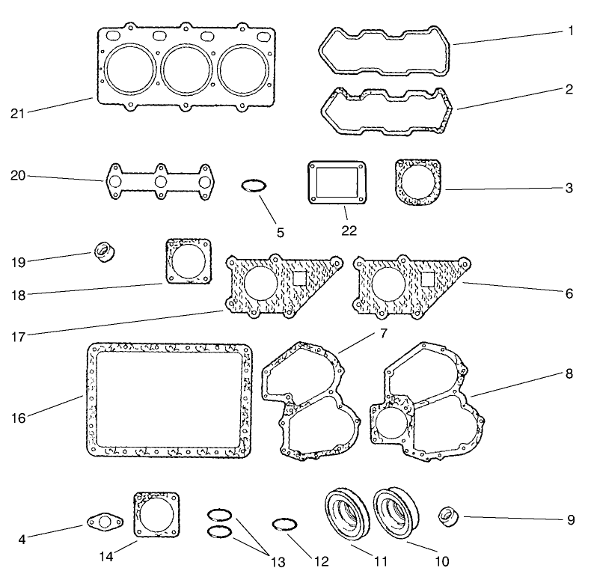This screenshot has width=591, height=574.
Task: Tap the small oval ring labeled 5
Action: click(x=253, y=186)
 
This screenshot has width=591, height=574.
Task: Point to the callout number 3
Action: click(x=569, y=189)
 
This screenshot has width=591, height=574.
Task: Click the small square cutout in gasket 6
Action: click(x=429, y=278)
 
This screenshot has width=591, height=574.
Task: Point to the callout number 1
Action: click(x=569, y=32)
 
